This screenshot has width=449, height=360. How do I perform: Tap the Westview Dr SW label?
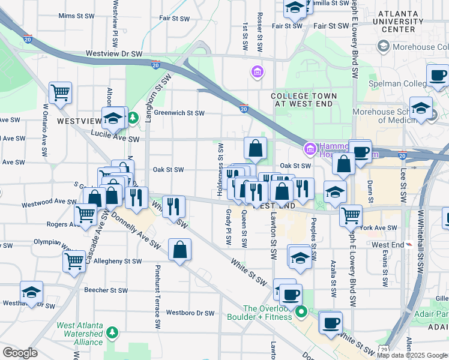pos(114,53)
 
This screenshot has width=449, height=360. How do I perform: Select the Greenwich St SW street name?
pos(179,113)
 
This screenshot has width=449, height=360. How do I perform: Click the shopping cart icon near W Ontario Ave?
pos(60,93)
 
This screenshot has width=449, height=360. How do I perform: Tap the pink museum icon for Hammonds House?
pos(310,148)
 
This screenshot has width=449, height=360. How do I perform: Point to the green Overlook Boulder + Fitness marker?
pos(303,312)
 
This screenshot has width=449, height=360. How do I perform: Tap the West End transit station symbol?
pos(409,245)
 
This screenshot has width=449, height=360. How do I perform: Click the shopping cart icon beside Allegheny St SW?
pos(74,260)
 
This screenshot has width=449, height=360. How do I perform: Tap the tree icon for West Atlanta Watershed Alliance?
pos(112,332)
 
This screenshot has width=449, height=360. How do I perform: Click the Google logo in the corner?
pos(20,353)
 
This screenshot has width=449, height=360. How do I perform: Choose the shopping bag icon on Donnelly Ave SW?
pos(180,249)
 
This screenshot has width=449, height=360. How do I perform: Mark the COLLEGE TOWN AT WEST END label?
pos(304,100)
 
